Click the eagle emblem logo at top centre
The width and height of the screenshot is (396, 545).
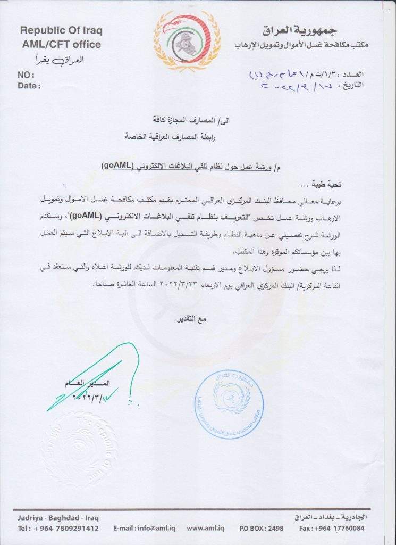click(187, 41)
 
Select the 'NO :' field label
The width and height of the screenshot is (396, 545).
click(27, 76)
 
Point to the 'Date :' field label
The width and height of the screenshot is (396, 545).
click(29, 85)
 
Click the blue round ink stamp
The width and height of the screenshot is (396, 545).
click(229, 398)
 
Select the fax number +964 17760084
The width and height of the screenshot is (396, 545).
click(339, 529)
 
